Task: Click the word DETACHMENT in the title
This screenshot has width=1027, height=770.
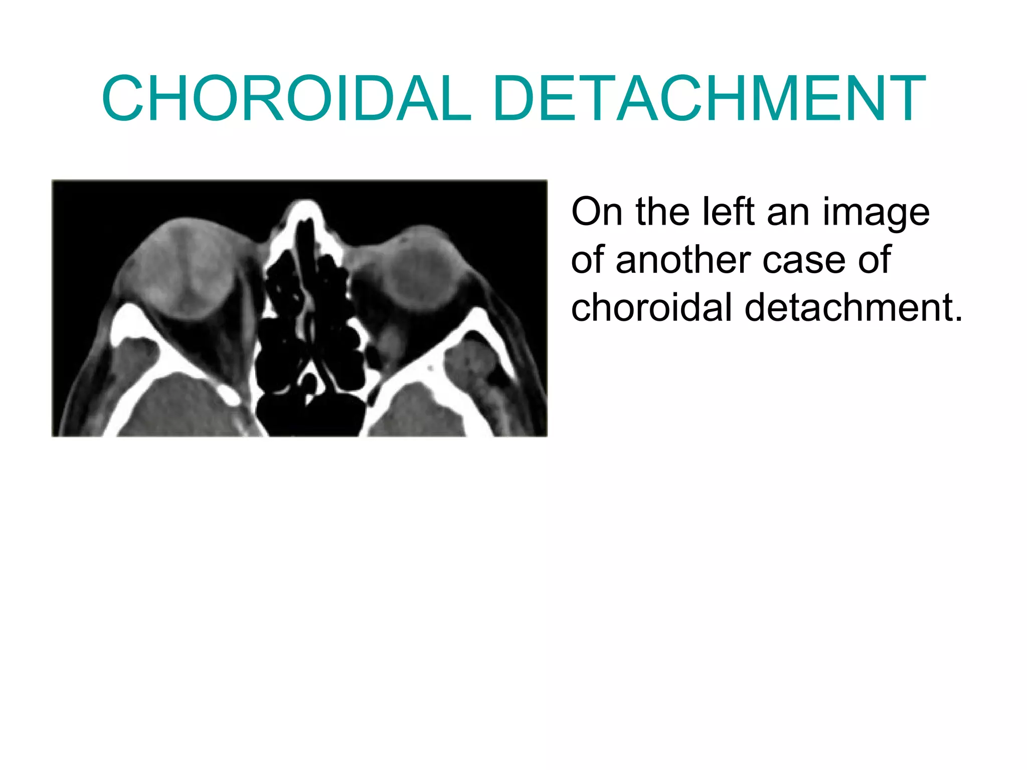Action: pos(709,98)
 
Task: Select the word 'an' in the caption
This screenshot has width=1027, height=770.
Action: pos(788,213)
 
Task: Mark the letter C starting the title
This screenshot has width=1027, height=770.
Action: pos(123,98)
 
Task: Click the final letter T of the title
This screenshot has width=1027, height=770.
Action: pos(906,98)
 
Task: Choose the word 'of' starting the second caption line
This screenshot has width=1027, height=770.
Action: pos(588,260)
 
